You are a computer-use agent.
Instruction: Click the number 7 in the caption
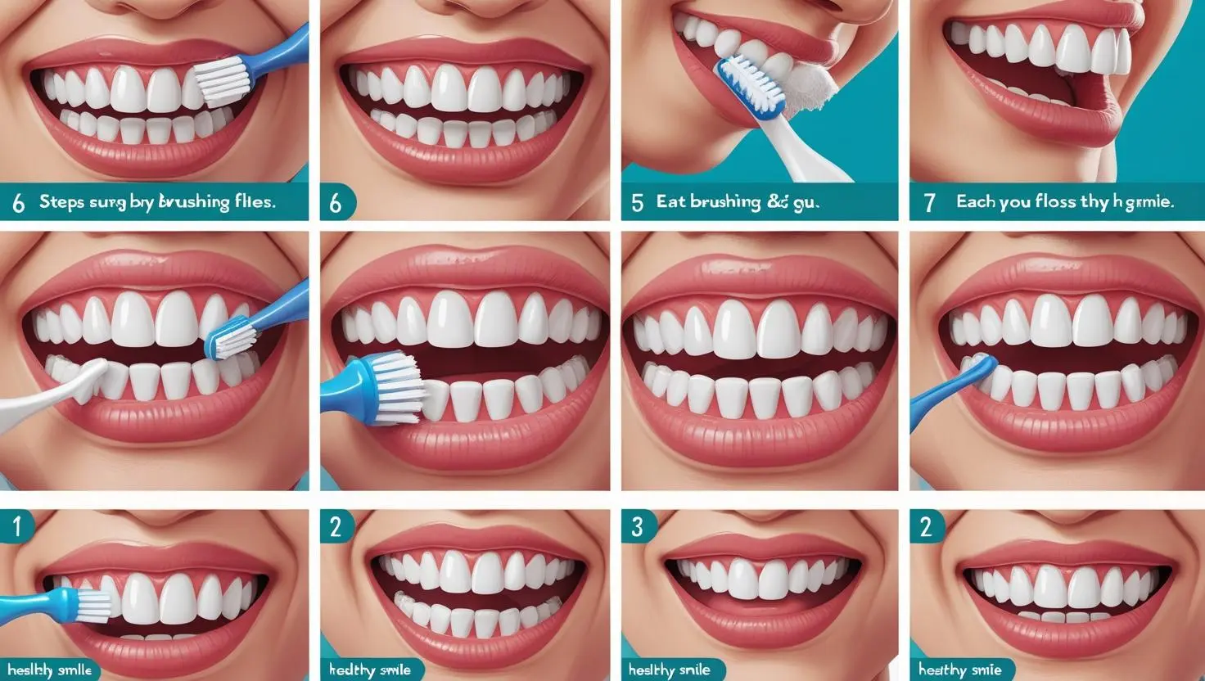click(929, 202)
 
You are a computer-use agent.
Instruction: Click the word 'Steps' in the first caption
click(62, 202)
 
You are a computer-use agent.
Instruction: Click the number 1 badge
click(16, 527)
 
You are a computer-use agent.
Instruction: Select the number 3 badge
click(638, 527)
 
